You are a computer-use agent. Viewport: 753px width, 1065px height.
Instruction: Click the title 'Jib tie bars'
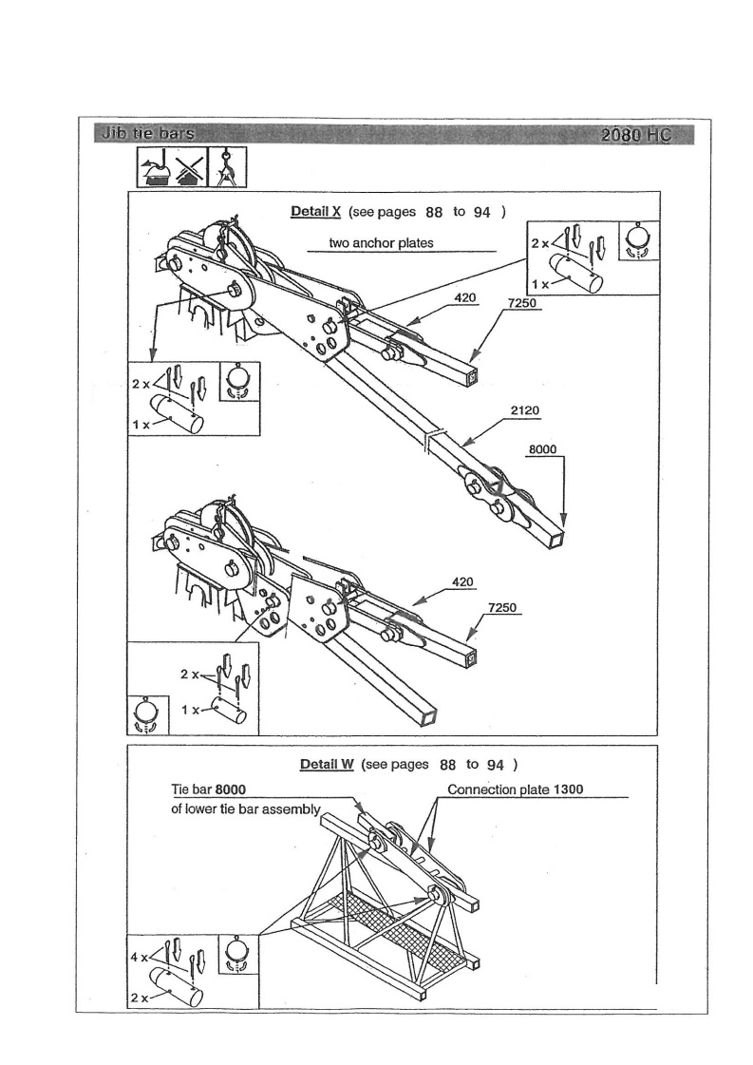tap(145, 134)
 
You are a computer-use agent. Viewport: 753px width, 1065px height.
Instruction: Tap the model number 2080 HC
tap(635, 135)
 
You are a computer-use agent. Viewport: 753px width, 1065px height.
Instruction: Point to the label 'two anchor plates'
tap(381, 242)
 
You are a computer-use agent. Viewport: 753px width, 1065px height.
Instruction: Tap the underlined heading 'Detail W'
tap(326, 765)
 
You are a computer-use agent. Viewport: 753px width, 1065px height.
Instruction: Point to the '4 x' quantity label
tap(139, 958)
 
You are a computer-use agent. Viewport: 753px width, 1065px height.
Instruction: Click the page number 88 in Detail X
tap(428, 212)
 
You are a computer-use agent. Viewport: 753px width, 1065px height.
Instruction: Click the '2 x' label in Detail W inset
tap(137, 997)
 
